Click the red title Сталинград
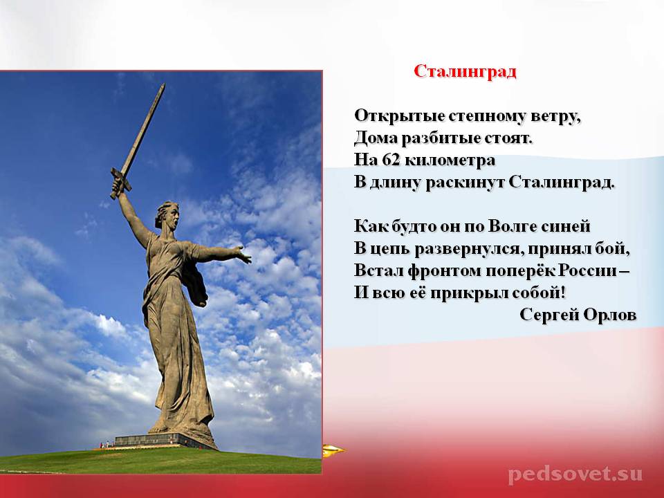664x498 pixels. (x=465, y=71)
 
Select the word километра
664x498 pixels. (x=450, y=160)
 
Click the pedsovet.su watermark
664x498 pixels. (x=575, y=474)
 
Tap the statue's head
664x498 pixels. (x=167, y=215)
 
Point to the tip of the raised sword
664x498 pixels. (x=163, y=84)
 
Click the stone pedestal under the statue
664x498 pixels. (x=166, y=440)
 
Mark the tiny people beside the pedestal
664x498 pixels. (x=106, y=444)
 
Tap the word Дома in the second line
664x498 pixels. (x=375, y=138)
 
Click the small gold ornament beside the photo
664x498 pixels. (x=333, y=450)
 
